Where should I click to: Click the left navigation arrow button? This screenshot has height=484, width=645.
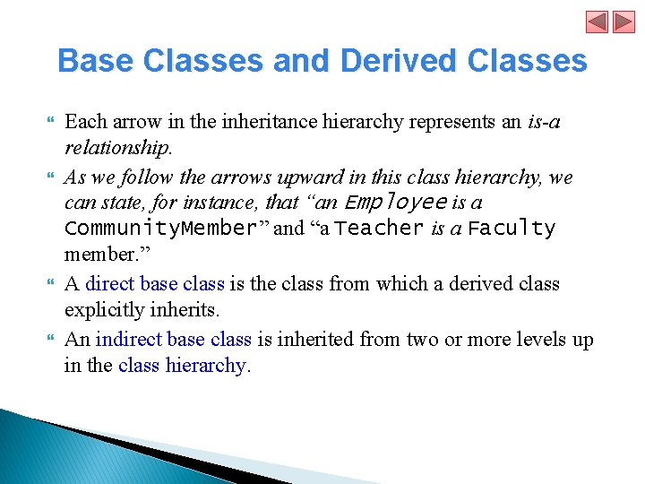[598, 22]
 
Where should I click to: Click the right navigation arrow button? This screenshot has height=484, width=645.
[623, 22]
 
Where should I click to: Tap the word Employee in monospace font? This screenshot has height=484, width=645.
[394, 203]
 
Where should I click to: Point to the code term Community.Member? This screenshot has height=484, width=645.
[160, 229]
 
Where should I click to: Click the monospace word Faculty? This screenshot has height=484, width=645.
[512, 229]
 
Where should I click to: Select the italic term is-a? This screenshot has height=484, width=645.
[542, 121]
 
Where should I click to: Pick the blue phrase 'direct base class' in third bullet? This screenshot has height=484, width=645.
[155, 284]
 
